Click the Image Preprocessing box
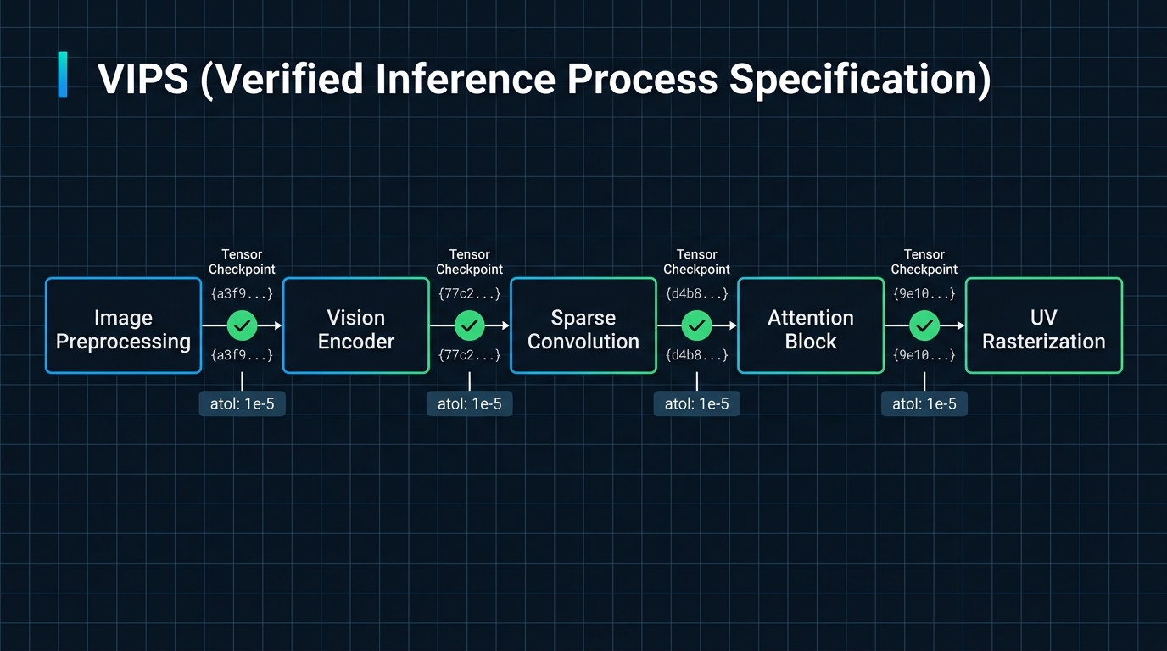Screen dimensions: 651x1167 pyautogui.click(x=123, y=326)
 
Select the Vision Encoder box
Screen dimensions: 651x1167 pyautogui.click(x=356, y=326)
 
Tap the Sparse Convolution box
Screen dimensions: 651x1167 pyautogui.click(x=583, y=326)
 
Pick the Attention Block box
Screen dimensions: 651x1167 pyautogui.click(x=811, y=326)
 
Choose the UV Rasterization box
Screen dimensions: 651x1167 pyautogui.click(x=1044, y=326)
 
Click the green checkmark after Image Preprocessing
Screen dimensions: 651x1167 pyautogui.click(x=243, y=325)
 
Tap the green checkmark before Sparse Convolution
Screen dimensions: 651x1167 pyautogui.click(x=470, y=325)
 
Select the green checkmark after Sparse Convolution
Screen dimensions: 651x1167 pyautogui.click(x=697, y=325)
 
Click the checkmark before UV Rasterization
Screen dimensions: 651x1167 pyautogui.click(x=924, y=325)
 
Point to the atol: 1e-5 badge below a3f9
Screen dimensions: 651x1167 pyautogui.click(x=243, y=403)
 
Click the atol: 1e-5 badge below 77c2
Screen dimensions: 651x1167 pyautogui.click(x=470, y=403)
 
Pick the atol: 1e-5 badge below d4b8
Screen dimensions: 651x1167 pyautogui.click(x=697, y=403)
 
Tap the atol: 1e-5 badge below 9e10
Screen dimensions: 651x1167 pyautogui.click(x=924, y=403)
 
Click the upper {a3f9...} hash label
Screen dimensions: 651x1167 pyautogui.click(x=243, y=294)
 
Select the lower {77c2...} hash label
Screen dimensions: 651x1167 pyautogui.click(x=470, y=356)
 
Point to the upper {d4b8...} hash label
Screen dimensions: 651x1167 pyautogui.click(x=697, y=294)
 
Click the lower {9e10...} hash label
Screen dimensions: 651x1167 pyautogui.click(x=924, y=356)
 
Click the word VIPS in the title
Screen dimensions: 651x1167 pyautogui.click(x=143, y=79)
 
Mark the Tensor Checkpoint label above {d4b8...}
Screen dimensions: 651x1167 pyautogui.click(x=697, y=262)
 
